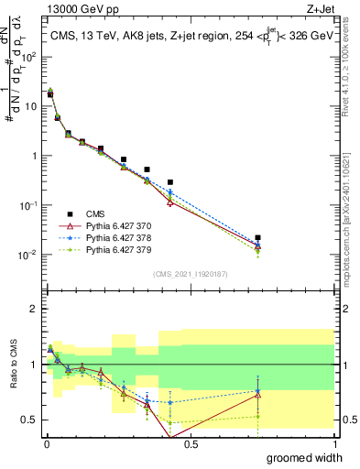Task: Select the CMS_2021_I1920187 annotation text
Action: click(x=190, y=274)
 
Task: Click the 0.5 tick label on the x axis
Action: click(x=190, y=444)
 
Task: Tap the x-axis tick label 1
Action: click(x=334, y=444)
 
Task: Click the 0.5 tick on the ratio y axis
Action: click(x=30, y=420)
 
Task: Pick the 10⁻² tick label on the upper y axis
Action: click(x=29, y=255)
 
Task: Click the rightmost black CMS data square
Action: click(x=258, y=237)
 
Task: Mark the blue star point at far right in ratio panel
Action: click(x=258, y=392)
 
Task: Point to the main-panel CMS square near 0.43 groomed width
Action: click(x=170, y=182)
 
